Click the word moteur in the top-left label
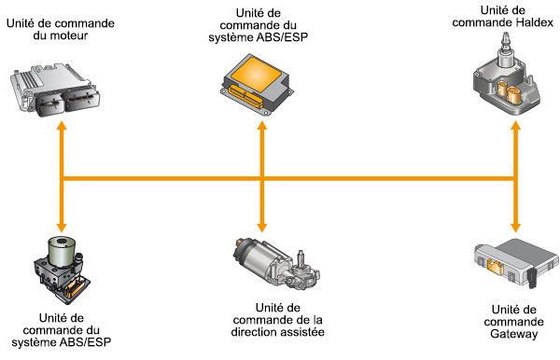pyautogui.click(x=70, y=35)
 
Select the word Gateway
pyautogui.click(x=514, y=334)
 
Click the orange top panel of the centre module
pyautogui.click(x=256, y=74)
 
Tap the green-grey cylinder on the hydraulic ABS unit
pyautogui.click(x=62, y=251)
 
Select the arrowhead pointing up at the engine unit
pyautogui.click(x=63, y=126)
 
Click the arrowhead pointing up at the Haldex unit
pyautogui.click(x=515, y=126)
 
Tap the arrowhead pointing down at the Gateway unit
pyautogui.click(x=515, y=228)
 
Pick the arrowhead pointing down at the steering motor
pyautogui.click(x=262, y=228)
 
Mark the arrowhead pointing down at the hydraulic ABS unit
pyautogui.click(x=63, y=228)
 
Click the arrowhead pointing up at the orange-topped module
pyautogui.click(x=262, y=126)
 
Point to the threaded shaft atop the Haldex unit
pyautogui.click(x=506, y=41)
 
